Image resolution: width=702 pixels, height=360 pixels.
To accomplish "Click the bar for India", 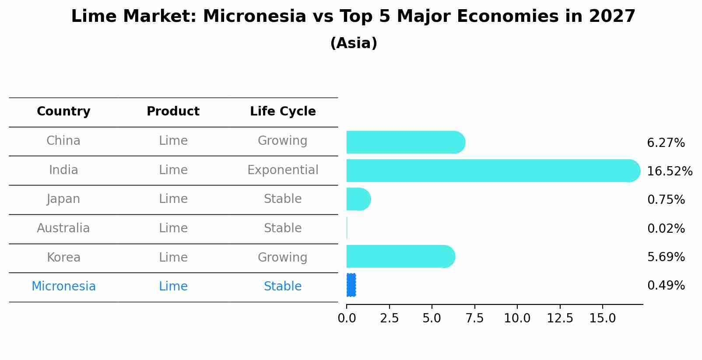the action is point(493,171).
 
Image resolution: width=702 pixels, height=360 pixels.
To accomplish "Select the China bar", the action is point(406,142).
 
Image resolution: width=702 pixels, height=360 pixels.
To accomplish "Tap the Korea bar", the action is point(401,257).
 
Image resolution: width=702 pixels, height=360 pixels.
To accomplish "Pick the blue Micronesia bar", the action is point(351,285).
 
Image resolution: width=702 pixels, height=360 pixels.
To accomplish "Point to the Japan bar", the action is point(359,199).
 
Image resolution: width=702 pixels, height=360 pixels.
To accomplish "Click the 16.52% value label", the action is point(670,171).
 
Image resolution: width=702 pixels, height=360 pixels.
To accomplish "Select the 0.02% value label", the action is point(666,228).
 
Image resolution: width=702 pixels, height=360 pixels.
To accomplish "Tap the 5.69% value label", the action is point(666,257).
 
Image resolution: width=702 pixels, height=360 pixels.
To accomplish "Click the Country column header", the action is point(63,112).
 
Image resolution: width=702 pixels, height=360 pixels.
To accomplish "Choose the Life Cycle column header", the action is point(283,112).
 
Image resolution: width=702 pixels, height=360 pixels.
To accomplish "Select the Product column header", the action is point(173,111).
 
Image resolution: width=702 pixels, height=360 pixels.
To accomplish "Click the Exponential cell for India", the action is point(283,170).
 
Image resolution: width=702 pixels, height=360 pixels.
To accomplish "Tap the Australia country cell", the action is point(63,228).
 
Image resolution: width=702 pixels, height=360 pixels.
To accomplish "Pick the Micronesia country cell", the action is point(63,287).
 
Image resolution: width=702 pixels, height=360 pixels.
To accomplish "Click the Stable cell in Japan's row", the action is point(283,199).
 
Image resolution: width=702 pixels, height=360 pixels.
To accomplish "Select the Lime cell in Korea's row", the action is point(173,258).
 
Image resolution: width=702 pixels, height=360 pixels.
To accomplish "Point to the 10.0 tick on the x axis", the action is point(517,318).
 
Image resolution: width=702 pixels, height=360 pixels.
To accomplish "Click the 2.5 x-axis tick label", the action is point(389,318).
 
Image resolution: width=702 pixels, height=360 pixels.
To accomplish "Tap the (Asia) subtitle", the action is point(354,43).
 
